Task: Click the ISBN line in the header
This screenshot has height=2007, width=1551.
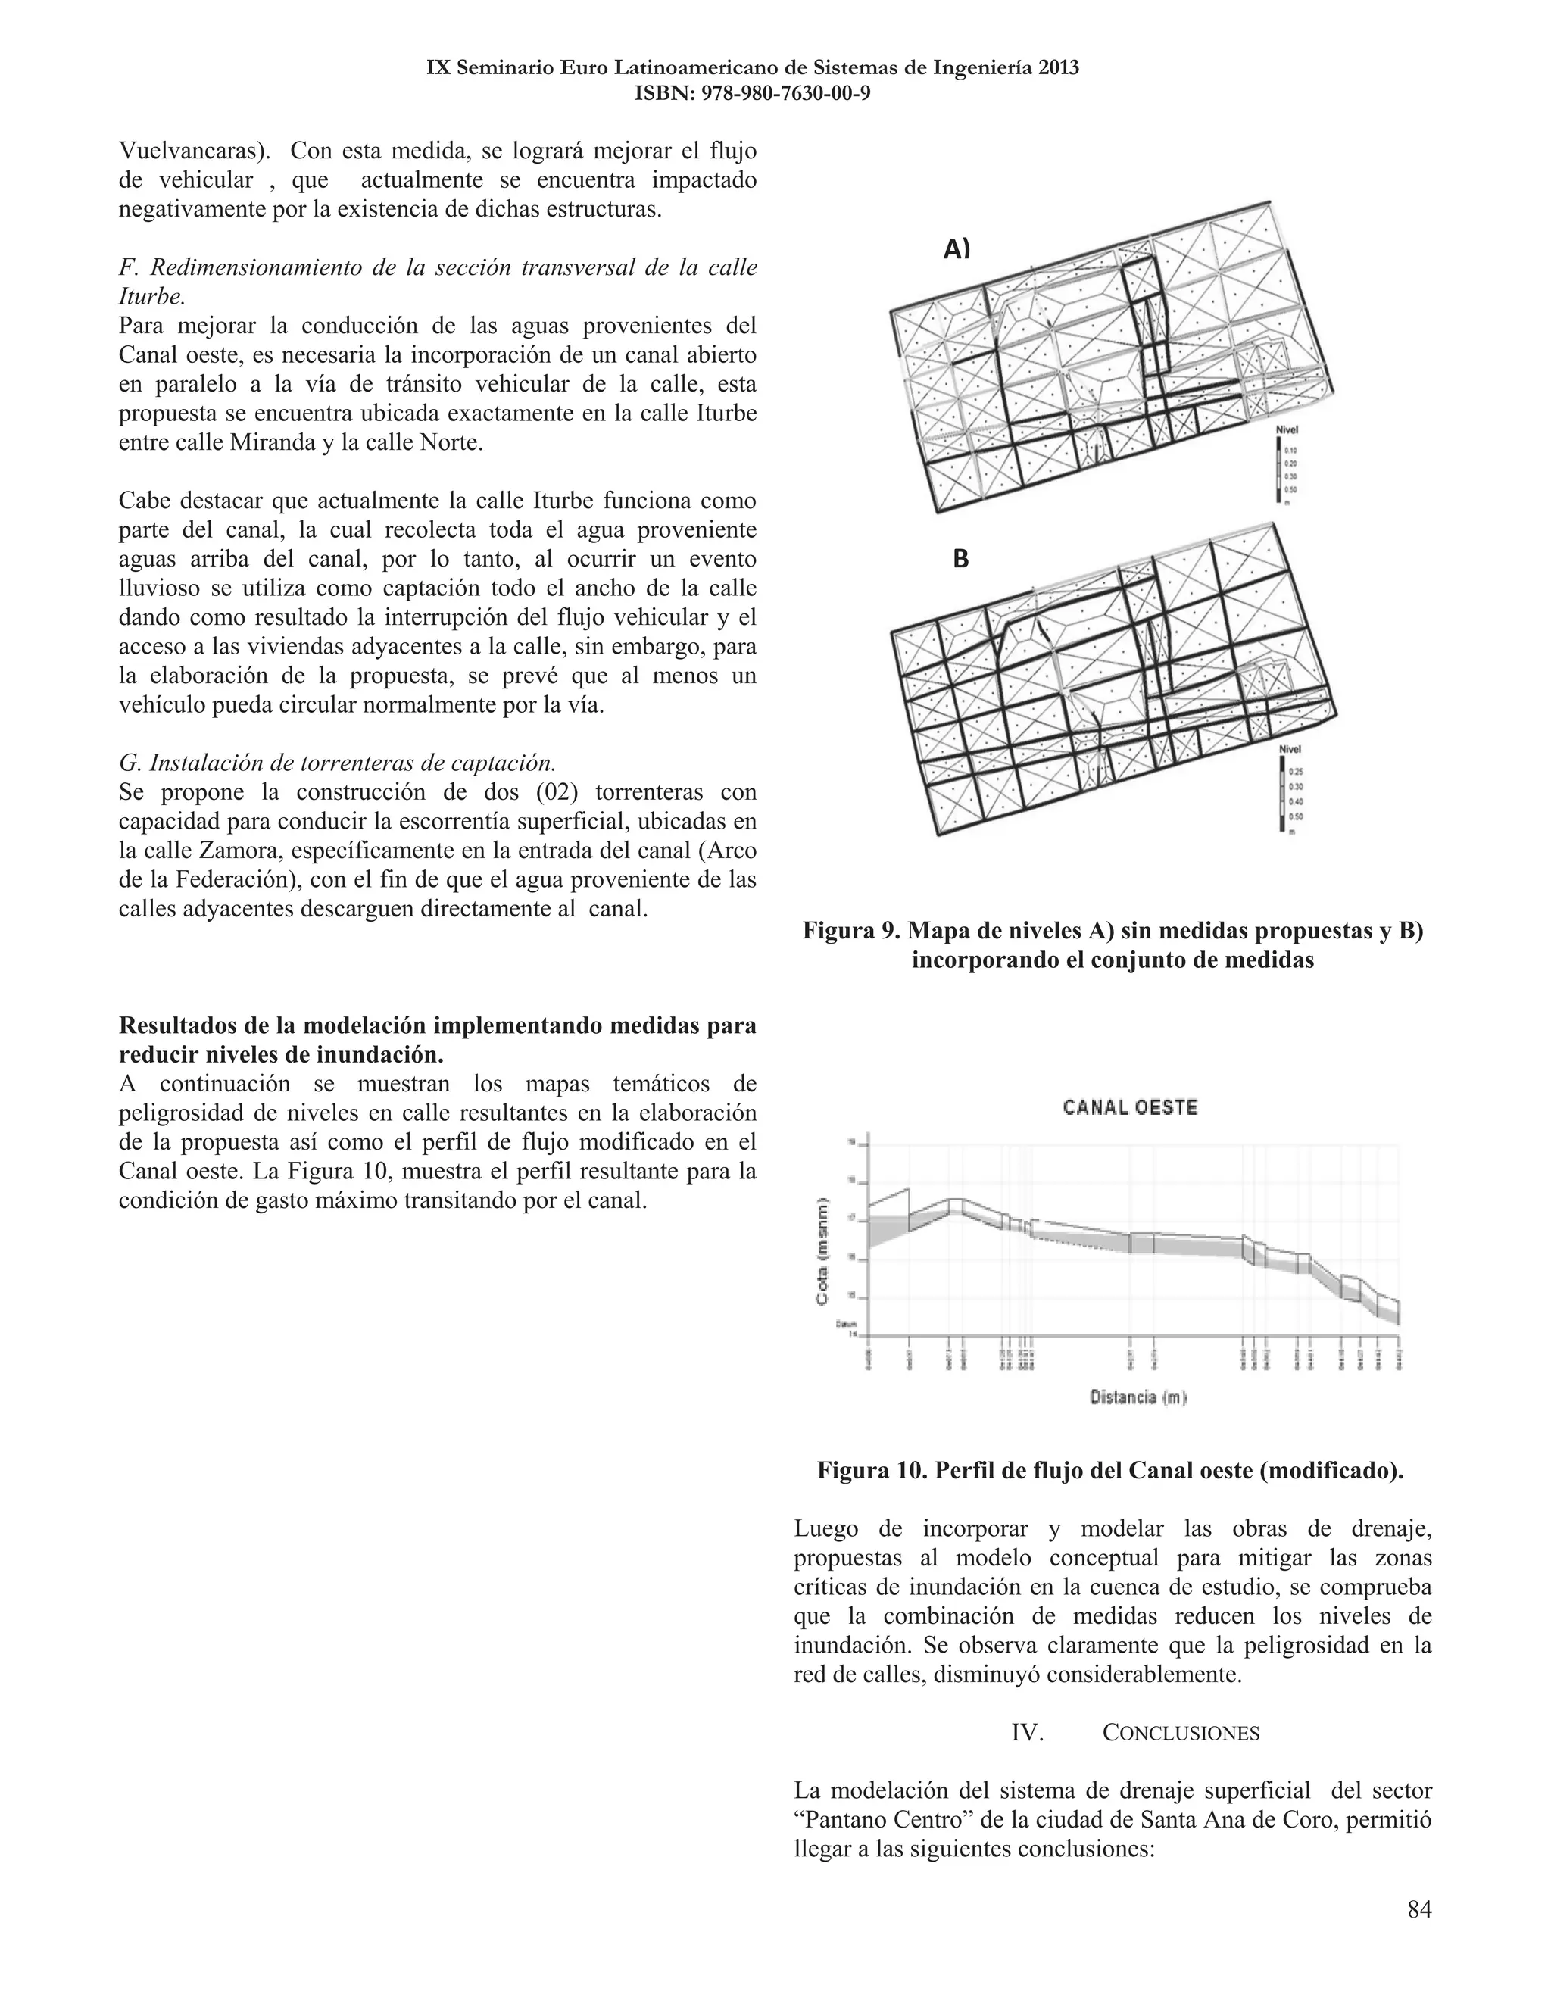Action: coord(753,93)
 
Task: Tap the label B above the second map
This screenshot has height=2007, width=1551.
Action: coord(960,559)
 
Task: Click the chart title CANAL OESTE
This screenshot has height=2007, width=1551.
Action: coord(1130,1107)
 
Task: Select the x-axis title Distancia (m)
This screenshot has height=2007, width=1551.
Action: coord(1138,1398)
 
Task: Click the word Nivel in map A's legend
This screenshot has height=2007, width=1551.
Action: coord(1287,430)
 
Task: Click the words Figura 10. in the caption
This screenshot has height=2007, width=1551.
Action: coord(872,1470)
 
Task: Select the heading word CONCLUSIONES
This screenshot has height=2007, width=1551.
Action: coord(1181,1733)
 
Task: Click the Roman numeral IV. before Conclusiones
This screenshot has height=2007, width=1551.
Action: coord(1027,1733)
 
